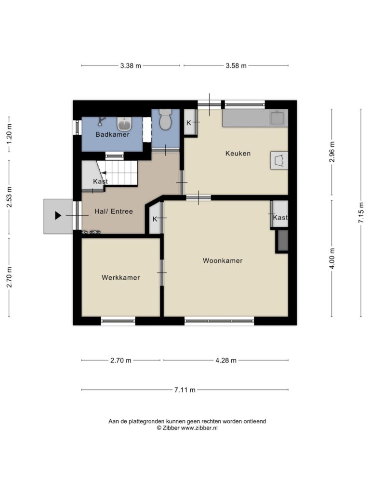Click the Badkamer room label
[112, 134]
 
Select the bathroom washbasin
[125, 124]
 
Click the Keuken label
[238, 154]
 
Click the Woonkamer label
[223, 260]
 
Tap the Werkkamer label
[121, 277]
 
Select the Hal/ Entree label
[114, 211]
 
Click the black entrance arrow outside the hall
[58, 216]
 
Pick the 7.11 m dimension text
[185, 390]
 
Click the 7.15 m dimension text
[361, 212]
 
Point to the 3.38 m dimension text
[131, 65]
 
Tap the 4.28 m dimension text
[226, 360]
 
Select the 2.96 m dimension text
[331, 152]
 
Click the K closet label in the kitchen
[189, 123]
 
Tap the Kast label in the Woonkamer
[280, 217]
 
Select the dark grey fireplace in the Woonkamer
[282, 241]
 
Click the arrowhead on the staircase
[104, 173]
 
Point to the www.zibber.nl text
[199, 428]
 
